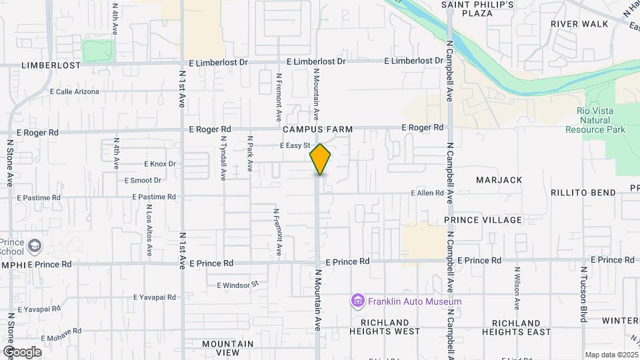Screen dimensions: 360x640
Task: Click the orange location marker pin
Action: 320,159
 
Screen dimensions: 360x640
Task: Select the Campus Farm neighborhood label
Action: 316,129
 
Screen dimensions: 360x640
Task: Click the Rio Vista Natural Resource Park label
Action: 595,120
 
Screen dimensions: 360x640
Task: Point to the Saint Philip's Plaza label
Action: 478,9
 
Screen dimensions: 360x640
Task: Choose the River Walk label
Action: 579,24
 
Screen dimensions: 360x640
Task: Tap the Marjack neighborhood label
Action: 499,180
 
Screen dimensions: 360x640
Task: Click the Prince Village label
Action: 483,220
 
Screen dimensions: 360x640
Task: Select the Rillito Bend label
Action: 583,193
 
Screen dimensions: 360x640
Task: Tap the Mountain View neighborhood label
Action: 229,347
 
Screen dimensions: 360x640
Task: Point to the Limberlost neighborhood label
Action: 51,65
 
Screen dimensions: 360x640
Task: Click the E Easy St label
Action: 295,145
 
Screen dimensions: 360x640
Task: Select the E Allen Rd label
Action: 427,193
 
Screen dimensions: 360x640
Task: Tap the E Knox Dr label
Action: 159,163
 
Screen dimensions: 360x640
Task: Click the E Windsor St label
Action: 237,285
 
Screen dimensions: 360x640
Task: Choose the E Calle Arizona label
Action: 74,91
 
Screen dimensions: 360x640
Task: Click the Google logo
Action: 21,351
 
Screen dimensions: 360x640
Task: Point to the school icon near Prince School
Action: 34,247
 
